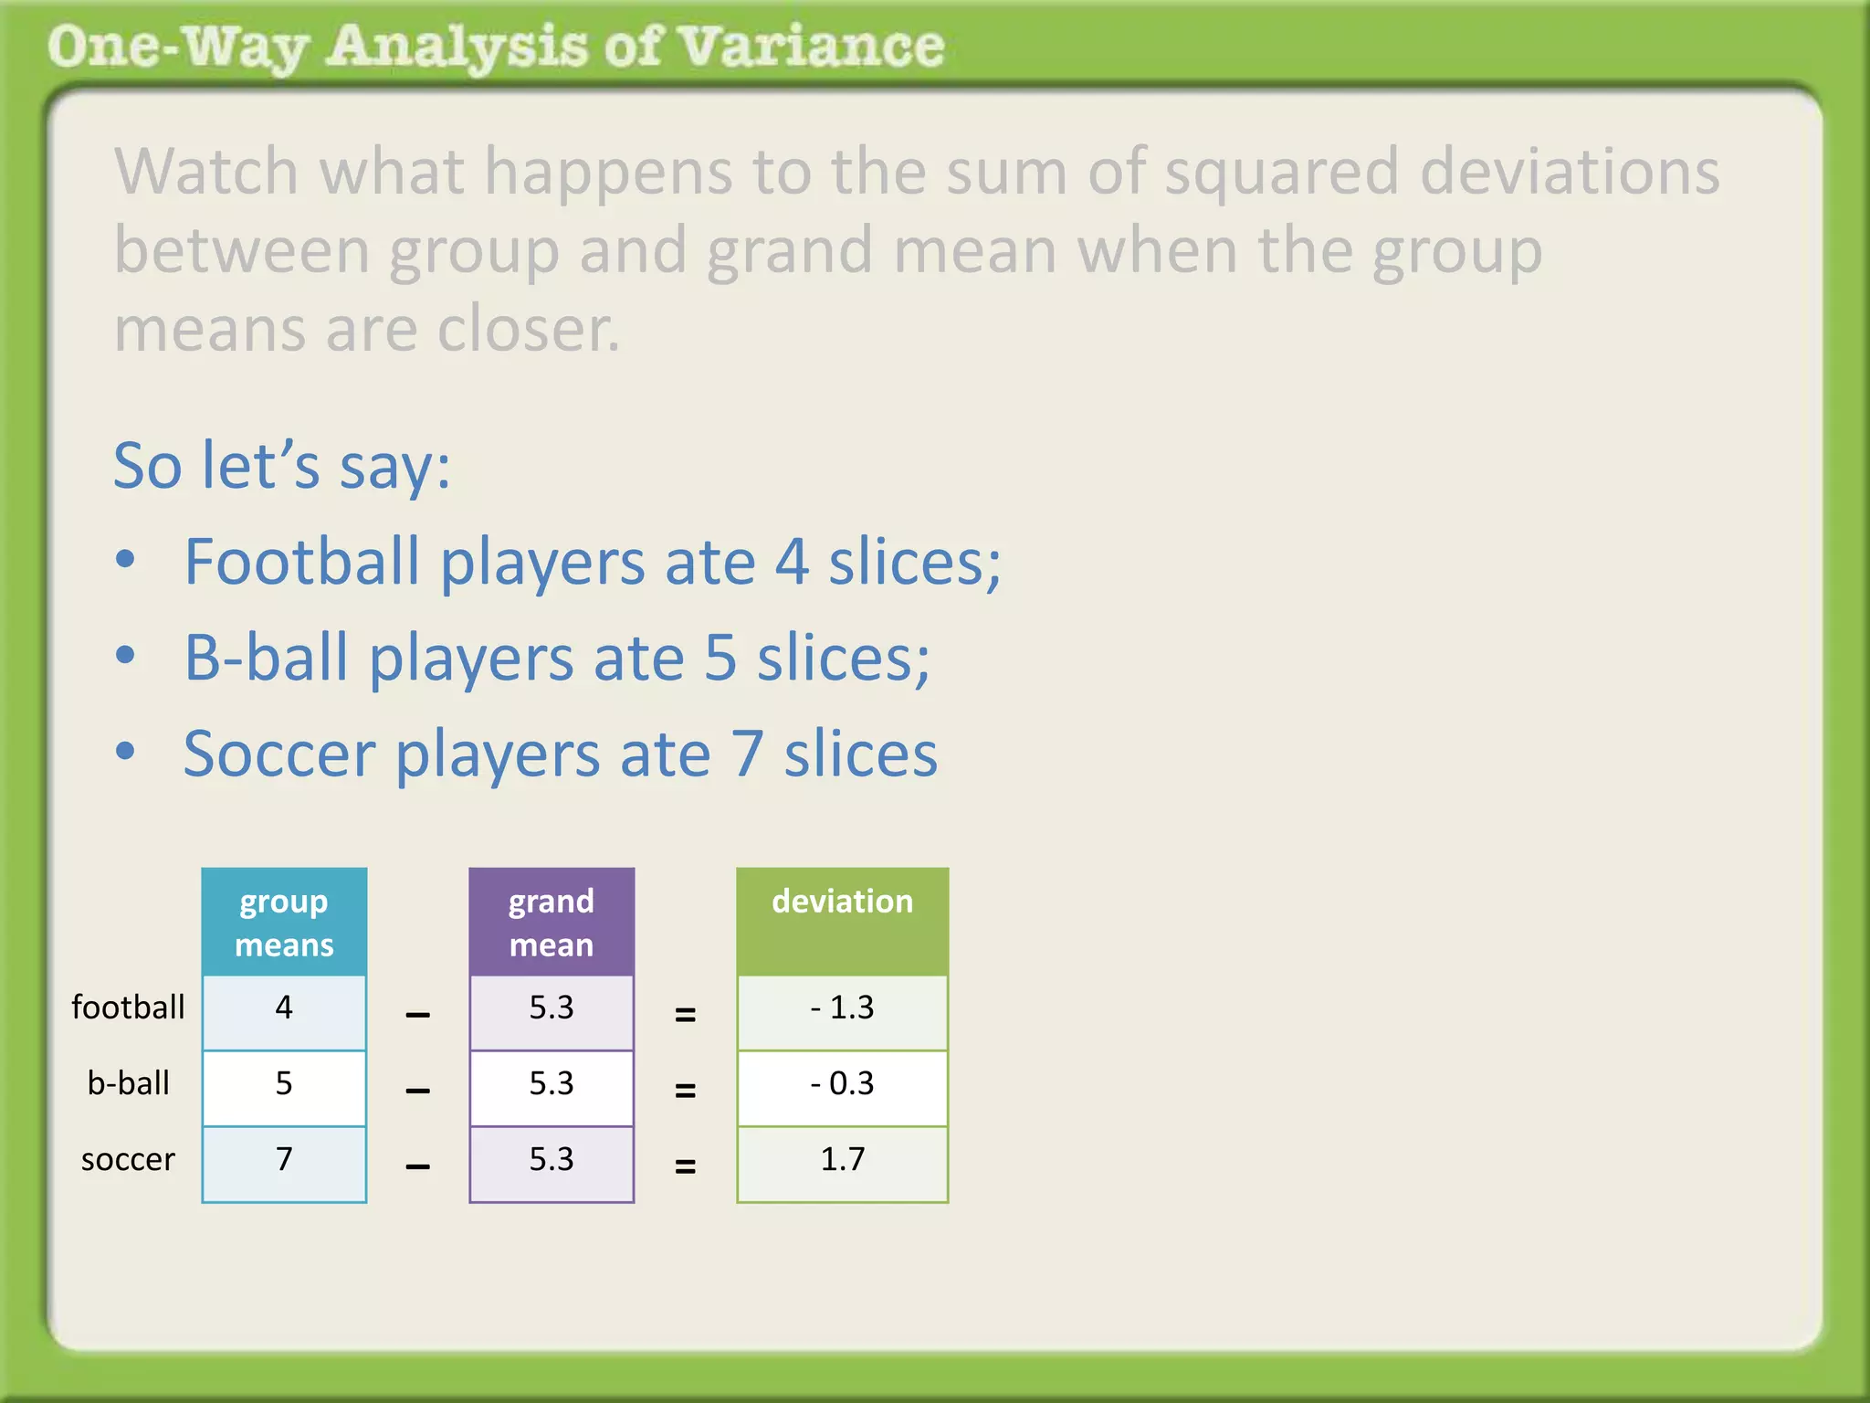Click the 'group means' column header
tap(284, 922)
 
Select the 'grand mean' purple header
tap(552, 922)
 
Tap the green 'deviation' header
tap(842, 921)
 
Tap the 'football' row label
tap(128, 1007)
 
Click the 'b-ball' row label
tap(128, 1083)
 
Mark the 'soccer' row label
tap(128, 1160)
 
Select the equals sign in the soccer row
tap(685, 1166)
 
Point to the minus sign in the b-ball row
tap(417, 1091)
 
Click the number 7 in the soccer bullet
tap(746, 754)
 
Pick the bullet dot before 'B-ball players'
tap(126, 655)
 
